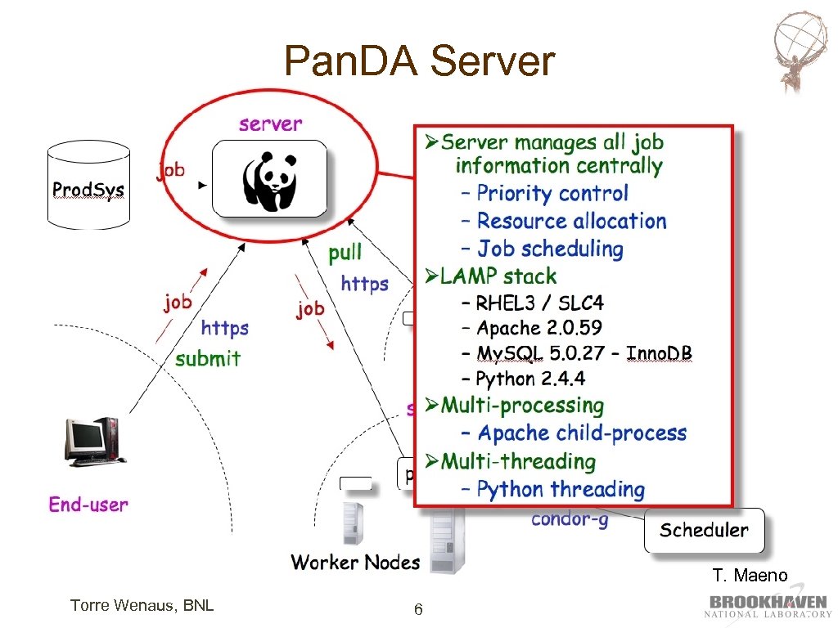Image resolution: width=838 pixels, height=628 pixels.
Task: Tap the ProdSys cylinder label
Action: point(88,190)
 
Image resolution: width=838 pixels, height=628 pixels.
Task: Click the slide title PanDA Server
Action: point(420,61)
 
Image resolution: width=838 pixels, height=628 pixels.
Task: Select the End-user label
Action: point(88,504)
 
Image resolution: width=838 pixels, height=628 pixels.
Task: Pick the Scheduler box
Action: point(705,530)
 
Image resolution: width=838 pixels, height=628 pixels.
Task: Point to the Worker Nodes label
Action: point(355,562)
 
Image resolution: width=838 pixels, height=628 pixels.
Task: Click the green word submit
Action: point(208,358)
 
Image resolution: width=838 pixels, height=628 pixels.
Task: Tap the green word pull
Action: point(345,252)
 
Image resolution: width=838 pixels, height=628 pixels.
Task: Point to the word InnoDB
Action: point(659,353)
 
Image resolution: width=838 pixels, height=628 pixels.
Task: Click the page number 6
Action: point(418,609)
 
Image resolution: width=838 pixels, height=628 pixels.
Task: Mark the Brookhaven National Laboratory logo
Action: point(768,604)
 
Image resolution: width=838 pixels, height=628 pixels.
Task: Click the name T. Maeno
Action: point(750,575)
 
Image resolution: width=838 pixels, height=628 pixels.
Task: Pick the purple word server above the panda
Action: point(270,124)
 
